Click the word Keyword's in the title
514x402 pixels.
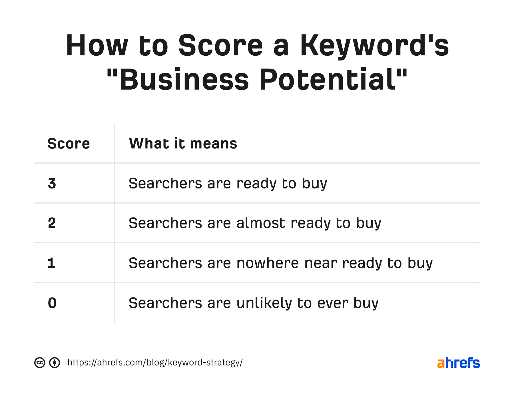pyautogui.click(x=374, y=46)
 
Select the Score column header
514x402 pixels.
pyautogui.click(x=69, y=143)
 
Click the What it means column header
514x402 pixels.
pyautogui.click(x=183, y=143)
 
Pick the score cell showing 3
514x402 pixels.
pyautogui.click(x=52, y=183)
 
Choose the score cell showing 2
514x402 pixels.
pyautogui.click(x=52, y=223)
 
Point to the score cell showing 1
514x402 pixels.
pyautogui.click(x=51, y=263)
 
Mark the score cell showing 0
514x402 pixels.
pyautogui.click(x=52, y=303)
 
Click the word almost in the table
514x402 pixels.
pyautogui.click(x=260, y=223)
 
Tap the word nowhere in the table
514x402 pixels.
pyautogui.click(x=267, y=263)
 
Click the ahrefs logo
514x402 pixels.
pyautogui.click(x=458, y=363)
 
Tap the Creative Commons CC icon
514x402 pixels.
pyautogui.click(x=40, y=363)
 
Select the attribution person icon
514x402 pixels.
pyautogui.click(x=55, y=363)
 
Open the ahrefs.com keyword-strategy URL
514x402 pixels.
pyautogui.click(x=155, y=362)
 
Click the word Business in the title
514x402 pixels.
pyautogui.click(x=184, y=80)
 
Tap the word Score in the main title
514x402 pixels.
pyautogui.click(x=220, y=46)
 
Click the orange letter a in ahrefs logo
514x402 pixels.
pyautogui.click(x=441, y=363)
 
